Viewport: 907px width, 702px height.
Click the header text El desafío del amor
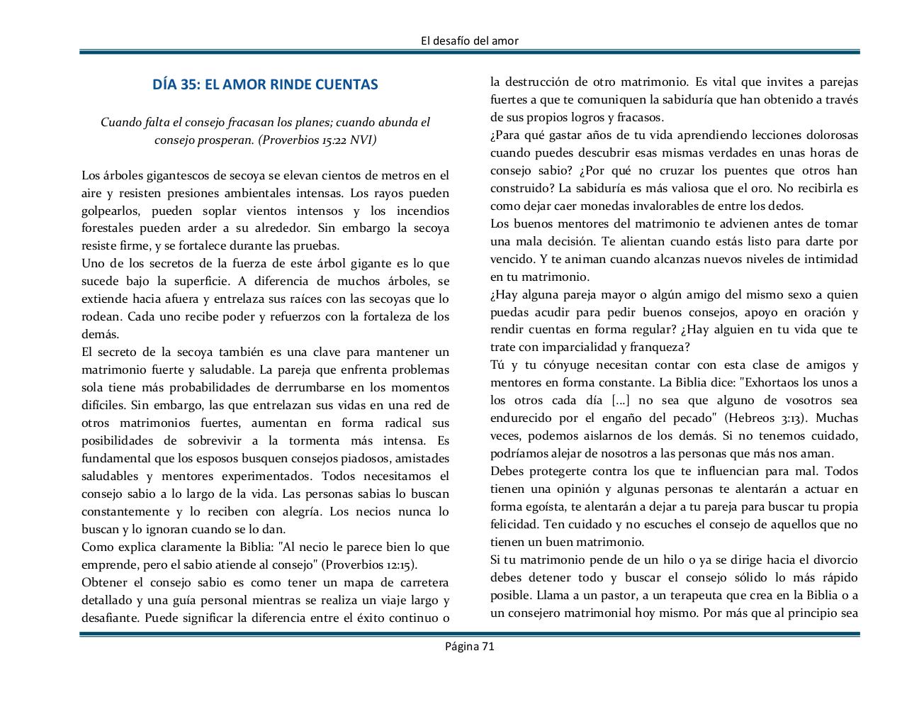(x=470, y=40)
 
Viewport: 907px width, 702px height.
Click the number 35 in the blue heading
(x=188, y=84)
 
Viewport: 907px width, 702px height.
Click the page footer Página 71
(x=469, y=645)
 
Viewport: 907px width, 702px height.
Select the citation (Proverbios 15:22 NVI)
(x=317, y=140)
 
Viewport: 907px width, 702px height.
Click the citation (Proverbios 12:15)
(x=369, y=565)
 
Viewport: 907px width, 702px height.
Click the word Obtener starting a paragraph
(x=104, y=583)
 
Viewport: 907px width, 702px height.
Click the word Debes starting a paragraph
(x=508, y=471)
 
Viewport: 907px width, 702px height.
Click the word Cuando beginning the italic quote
(x=120, y=122)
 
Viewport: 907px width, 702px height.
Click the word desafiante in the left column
(x=110, y=618)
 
